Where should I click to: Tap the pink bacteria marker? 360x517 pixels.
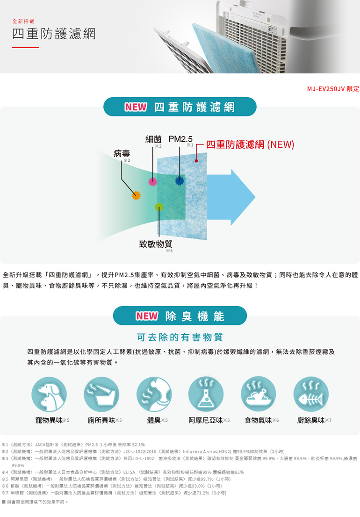click(x=152, y=181)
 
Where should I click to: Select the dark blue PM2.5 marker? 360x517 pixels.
click(x=180, y=180)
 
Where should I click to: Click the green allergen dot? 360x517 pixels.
click(x=159, y=207)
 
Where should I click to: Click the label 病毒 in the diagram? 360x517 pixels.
click(x=122, y=154)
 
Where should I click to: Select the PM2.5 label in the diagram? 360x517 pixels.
click(x=180, y=139)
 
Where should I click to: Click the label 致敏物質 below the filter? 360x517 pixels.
click(x=156, y=244)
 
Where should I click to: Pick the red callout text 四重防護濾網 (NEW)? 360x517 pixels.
click(x=250, y=145)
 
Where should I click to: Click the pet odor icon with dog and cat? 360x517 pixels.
click(x=49, y=394)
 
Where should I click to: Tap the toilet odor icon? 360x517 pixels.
click(x=101, y=394)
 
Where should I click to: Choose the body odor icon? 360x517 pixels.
click(x=154, y=394)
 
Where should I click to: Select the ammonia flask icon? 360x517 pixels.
click(x=206, y=394)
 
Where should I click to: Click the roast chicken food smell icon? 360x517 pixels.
click(x=258, y=394)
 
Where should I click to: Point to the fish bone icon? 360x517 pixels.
click(x=311, y=394)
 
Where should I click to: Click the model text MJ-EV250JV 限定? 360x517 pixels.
click(x=333, y=89)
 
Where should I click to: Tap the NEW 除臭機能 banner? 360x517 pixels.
click(x=180, y=316)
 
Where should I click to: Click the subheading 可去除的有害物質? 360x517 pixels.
click(x=180, y=337)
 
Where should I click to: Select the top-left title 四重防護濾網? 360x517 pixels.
click(x=54, y=34)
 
